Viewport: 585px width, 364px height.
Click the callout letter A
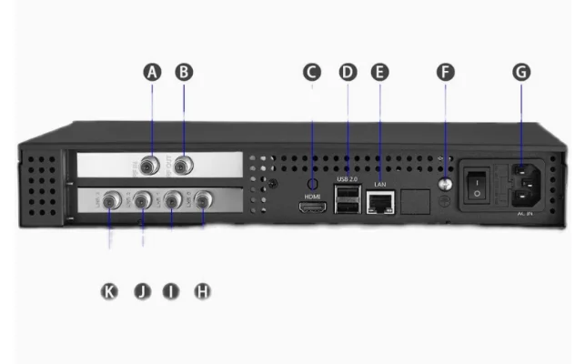click(x=153, y=72)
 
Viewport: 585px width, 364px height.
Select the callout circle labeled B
click(x=185, y=72)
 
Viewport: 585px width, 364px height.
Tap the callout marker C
click(x=312, y=72)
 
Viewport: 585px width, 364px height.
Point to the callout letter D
click(x=348, y=72)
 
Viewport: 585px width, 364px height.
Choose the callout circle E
click(x=380, y=72)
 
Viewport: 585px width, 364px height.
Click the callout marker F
click(x=446, y=72)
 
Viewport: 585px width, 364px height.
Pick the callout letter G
click(x=521, y=72)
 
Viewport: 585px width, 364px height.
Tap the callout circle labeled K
click(x=110, y=291)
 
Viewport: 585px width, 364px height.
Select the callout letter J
click(x=142, y=291)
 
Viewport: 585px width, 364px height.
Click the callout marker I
click(x=171, y=291)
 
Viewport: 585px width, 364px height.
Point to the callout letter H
click(x=202, y=291)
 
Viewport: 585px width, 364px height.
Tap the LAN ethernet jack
click(x=379, y=203)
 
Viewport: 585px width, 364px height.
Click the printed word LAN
click(x=380, y=186)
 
